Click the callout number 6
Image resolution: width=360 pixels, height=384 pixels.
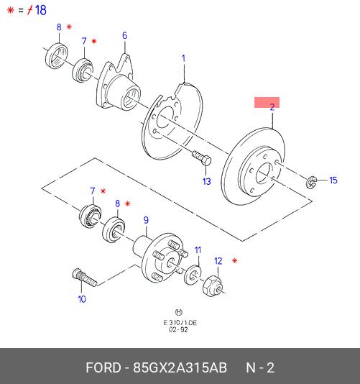click(x=124, y=35)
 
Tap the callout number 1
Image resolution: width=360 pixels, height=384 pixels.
click(x=183, y=58)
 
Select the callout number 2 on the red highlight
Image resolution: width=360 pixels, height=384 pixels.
click(x=272, y=107)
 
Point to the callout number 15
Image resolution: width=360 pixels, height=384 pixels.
click(x=333, y=180)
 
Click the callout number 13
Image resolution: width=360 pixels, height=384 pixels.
click(x=206, y=181)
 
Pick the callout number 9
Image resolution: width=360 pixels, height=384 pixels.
click(x=146, y=220)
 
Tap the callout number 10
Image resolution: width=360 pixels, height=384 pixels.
click(x=82, y=299)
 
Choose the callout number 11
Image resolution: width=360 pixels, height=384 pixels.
click(x=198, y=250)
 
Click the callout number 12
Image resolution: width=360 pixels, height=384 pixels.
click(x=218, y=261)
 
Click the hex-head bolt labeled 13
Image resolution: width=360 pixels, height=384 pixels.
click(x=201, y=158)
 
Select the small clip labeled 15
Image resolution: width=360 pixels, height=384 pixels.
click(x=311, y=182)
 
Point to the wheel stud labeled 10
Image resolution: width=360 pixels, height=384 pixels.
click(x=85, y=278)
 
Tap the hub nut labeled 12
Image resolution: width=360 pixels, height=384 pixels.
click(x=213, y=286)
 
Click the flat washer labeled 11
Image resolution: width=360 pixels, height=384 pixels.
click(x=193, y=275)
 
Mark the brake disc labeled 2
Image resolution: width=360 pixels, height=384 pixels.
click(x=253, y=166)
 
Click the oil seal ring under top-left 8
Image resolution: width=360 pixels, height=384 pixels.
click(x=57, y=56)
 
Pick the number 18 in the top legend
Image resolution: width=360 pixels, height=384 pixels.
click(x=41, y=10)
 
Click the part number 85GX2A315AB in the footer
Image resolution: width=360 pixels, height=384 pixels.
click(x=180, y=367)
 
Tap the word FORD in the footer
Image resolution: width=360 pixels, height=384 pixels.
click(x=103, y=367)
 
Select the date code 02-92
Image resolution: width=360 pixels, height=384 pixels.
click(x=178, y=329)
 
